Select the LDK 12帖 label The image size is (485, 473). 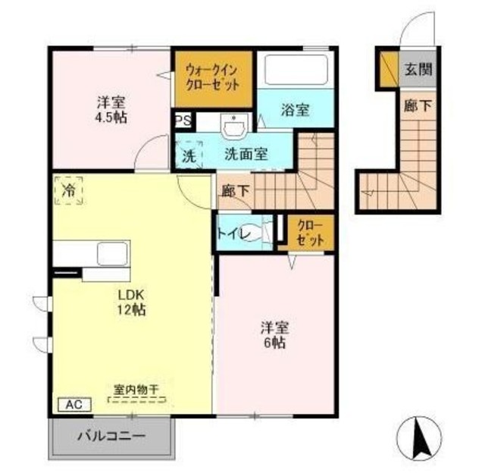pyautogui.click(x=130, y=302)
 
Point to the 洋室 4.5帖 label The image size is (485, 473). pyautogui.click(x=111, y=110)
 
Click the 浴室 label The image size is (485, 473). pyautogui.click(x=296, y=110)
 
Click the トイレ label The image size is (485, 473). pyautogui.click(x=232, y=233)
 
